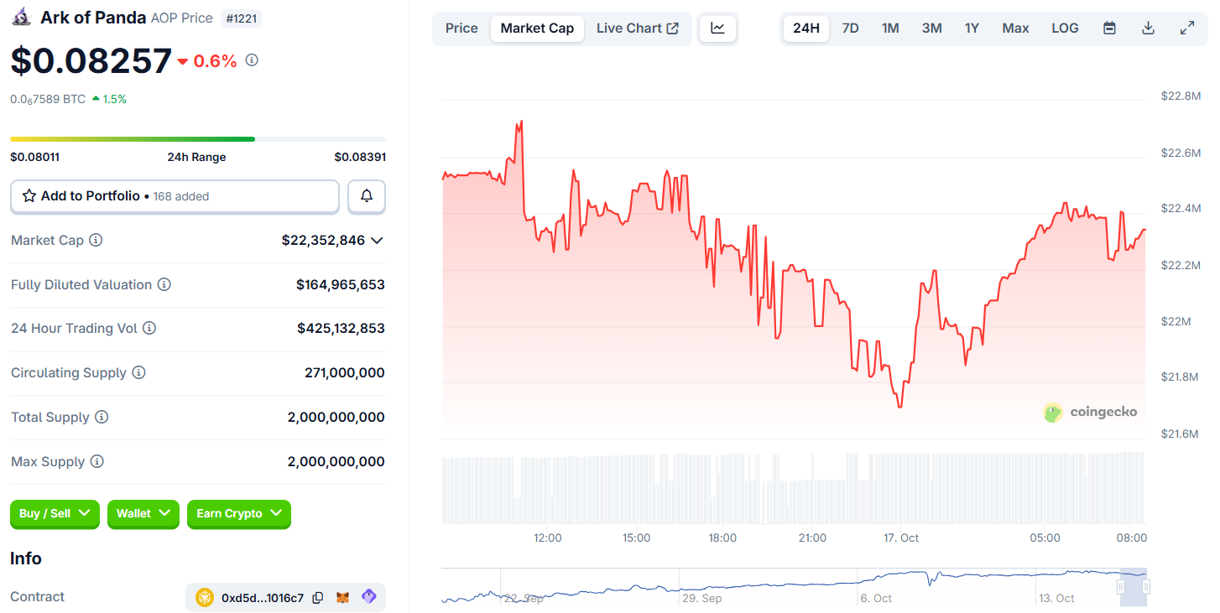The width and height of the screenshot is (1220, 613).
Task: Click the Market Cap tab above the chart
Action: point(537,29)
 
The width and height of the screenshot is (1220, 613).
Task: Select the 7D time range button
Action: point(850,29)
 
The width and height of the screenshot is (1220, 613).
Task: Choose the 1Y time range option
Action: point(972,29)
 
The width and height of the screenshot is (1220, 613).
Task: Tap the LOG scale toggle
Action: point(1065,29)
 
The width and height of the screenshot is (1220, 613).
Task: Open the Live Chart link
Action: point(637,29)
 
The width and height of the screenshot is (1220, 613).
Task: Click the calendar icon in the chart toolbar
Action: point(1109,29)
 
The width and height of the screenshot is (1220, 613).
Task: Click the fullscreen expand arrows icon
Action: point(1187,29)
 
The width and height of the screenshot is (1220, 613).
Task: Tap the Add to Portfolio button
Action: point(175,196)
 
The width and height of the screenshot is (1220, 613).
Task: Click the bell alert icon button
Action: point(367,196)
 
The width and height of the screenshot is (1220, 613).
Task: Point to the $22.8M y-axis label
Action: point(1181,96)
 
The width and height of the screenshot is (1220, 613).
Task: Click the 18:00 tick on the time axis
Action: point(722,538)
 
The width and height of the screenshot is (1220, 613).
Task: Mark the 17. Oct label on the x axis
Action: point(902,538)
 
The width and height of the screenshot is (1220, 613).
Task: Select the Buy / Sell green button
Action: point(55,513)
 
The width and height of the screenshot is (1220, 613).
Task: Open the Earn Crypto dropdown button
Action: point(238,513)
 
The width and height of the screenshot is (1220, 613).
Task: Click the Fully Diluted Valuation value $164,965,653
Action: point(340,285)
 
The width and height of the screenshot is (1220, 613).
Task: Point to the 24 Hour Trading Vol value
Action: point(341,329)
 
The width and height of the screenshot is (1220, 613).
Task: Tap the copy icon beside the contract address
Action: point(318,598)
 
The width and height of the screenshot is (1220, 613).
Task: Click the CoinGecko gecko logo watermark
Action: point(1053,412)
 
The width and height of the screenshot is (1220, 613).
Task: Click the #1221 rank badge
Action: point(242,18)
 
